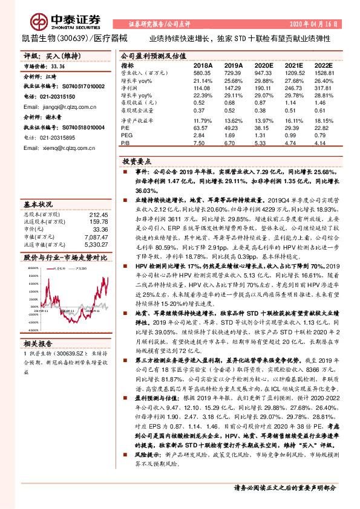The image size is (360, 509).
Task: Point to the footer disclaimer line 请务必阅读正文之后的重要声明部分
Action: point(284,488)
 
